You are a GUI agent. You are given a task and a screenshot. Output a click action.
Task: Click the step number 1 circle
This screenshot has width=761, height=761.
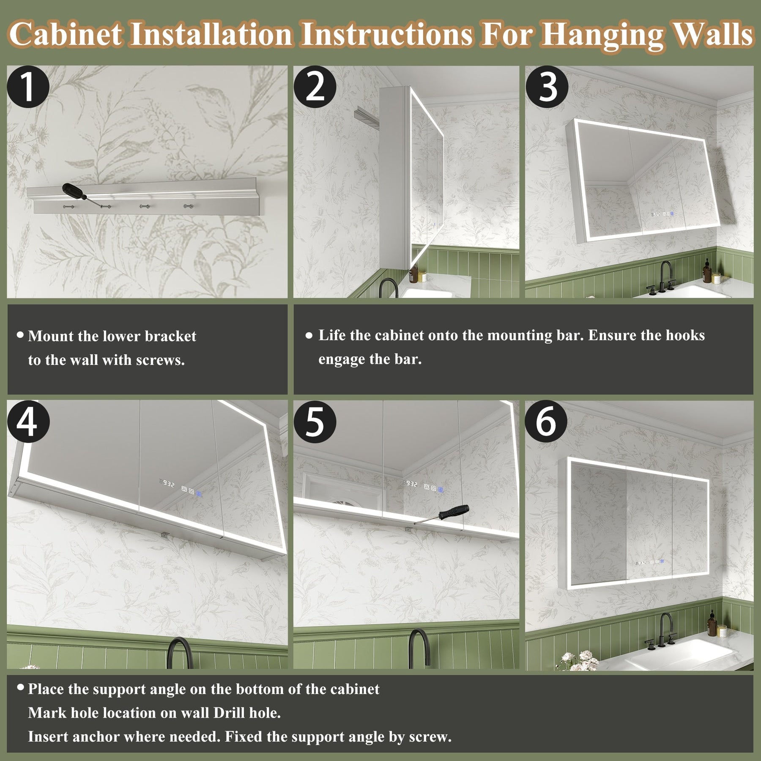28,87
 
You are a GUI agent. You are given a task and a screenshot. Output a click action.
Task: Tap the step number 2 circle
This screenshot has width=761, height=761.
315,87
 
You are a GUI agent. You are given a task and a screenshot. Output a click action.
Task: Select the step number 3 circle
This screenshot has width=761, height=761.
547,87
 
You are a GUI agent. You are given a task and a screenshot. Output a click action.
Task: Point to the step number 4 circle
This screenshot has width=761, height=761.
28,422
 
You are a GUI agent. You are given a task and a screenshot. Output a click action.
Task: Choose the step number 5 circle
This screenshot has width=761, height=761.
315,422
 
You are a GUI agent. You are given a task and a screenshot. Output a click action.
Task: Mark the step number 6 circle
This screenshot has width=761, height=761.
546,422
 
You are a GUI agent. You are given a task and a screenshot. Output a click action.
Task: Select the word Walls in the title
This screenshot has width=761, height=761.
713,34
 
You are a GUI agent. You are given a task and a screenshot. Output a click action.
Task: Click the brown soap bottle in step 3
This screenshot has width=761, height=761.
706,271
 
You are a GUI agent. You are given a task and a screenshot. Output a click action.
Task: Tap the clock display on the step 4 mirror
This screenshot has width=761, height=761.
167,484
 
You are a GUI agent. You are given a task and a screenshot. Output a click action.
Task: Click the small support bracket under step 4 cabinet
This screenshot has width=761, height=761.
164,535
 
